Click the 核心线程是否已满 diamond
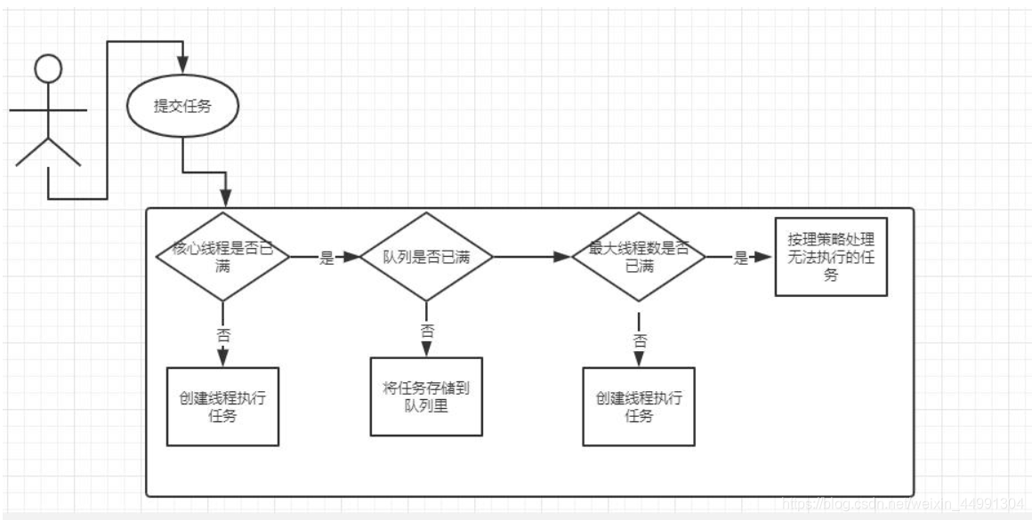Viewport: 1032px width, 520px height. click(x=222, y=256)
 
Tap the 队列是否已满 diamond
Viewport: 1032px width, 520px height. click(x=426, y=257)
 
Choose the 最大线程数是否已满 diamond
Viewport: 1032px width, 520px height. click(x=638, y=256)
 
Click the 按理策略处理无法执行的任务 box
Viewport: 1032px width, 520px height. click(x=831, y=257)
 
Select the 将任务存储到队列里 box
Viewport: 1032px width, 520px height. click(x=426, y=396)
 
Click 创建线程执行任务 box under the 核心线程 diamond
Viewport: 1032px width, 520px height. click(x=222, y=405)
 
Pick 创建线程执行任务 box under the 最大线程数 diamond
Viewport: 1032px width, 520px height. click(x=638, y=405)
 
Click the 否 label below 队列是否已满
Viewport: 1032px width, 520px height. click(x=427, y=331)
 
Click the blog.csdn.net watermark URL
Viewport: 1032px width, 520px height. click(x=903, y=504)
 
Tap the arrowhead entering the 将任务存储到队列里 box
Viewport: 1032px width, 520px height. click(x=427, y=351)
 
